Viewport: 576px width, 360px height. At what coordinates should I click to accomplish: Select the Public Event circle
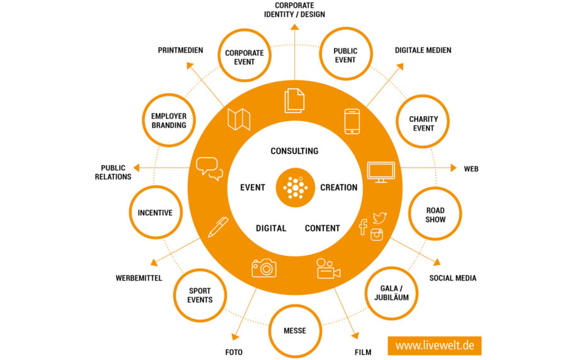coord(345,55)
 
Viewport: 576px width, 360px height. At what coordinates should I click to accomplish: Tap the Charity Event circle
coord(423,124)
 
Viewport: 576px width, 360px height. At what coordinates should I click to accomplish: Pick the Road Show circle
coord(435,215)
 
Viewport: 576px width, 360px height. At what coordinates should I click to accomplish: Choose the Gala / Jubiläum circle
coord(391,293)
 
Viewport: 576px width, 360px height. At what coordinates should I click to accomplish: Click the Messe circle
coord(295,330)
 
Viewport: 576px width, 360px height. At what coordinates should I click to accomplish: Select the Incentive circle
coord(155,213)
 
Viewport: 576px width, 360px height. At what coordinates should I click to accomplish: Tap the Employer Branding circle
coord(169,120)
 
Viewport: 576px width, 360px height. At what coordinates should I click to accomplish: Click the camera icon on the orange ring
coord(264,268)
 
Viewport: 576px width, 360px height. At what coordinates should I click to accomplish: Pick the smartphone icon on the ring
coord(352,121)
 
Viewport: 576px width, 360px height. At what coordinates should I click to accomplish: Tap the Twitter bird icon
coord(379,218)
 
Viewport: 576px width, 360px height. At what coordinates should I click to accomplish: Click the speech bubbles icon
coord(210,168)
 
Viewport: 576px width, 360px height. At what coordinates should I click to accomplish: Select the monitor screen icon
coord(381,172)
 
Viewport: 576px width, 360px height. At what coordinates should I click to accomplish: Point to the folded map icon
coord(239,119)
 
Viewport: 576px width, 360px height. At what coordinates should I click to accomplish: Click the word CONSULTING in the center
coord(294,151)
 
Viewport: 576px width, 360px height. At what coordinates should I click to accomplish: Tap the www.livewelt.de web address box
coord(434,345)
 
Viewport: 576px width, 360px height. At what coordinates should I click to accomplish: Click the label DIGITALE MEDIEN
coord(423,50)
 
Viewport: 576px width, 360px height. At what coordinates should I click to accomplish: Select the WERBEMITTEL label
coord(139,278)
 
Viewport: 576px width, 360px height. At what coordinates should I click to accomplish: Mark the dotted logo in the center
coord(295,187)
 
